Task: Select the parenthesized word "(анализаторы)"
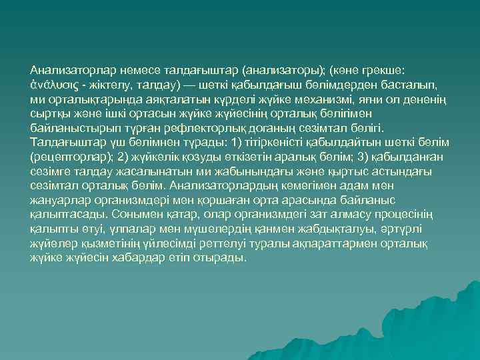(287, 69)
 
